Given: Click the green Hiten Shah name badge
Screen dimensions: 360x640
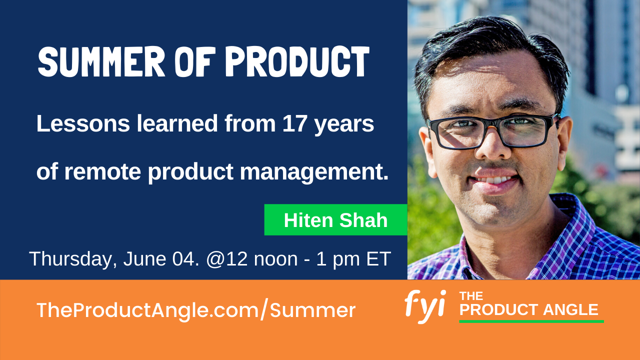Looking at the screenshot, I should pyautogui.click(x=335, y=220).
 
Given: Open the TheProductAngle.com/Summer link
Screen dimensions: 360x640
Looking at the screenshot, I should pyautogui.click(x=195, y=310).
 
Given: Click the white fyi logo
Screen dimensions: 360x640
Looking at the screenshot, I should pyautogui.click(x=424, y=305).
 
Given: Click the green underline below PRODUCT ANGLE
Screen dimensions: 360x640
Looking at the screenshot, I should pyautogui.click(x=531, y=321).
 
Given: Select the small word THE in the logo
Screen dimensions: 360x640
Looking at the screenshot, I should pyautogui.click(x=471, y=296).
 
